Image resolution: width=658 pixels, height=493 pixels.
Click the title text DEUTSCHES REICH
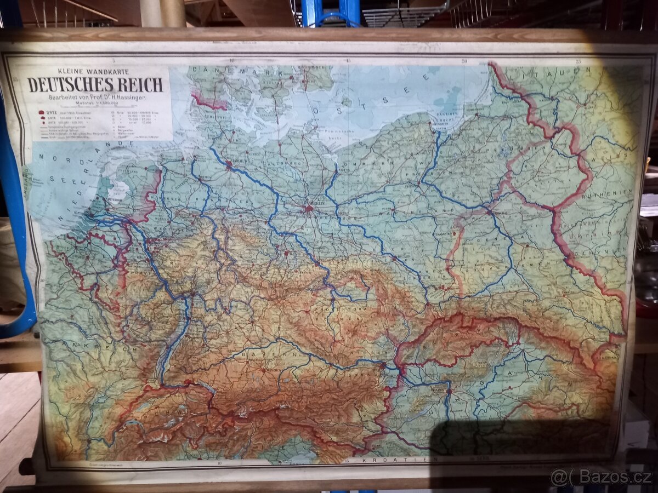pos(95,85)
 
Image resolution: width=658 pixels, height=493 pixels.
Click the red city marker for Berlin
pos(309,208)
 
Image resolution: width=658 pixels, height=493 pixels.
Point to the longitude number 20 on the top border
pos(464,61)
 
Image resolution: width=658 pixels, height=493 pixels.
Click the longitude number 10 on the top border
pos(232,61)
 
